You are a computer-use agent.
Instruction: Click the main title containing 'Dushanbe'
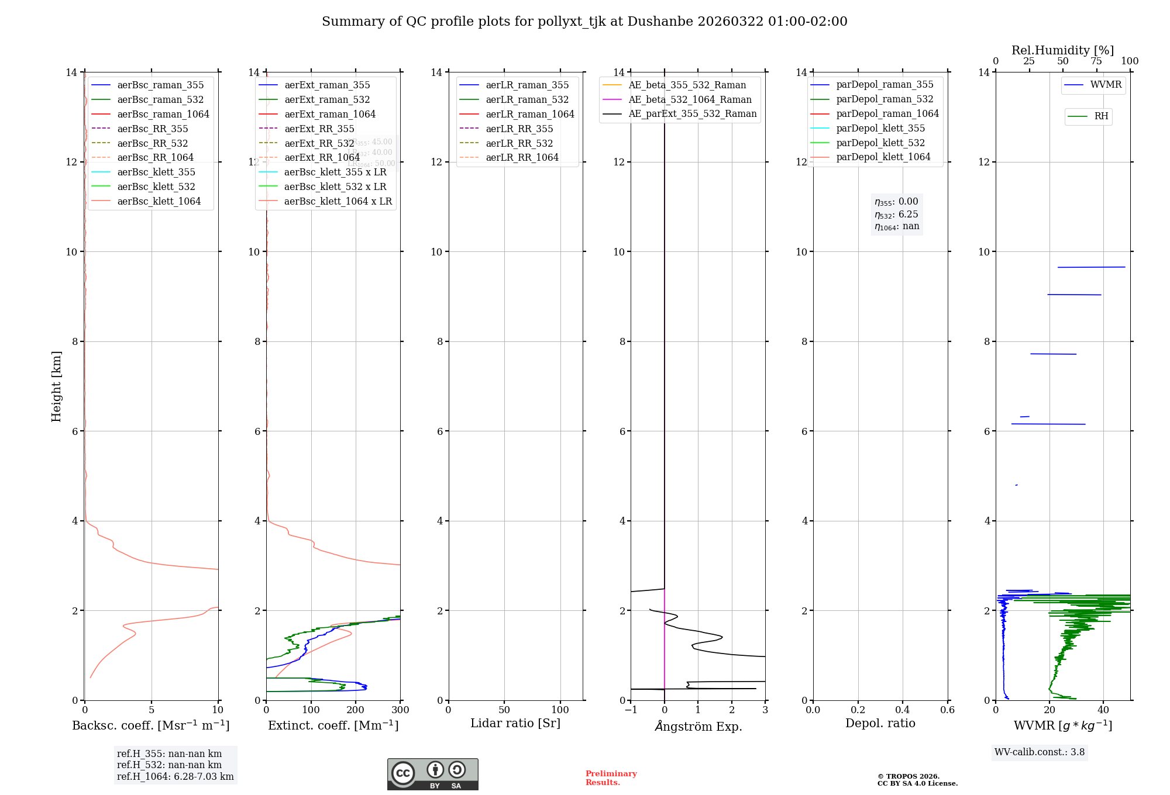tap(584, 22)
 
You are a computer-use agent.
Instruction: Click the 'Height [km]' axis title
tap(56, 386)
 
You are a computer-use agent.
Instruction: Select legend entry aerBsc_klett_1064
tap(159, 201)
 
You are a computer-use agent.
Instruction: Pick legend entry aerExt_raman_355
tap(327, 85)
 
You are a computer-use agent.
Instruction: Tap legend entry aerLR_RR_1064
tap(522, 157)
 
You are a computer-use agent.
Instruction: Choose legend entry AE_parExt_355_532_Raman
tap(692, 114)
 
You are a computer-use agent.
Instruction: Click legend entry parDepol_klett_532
tap(880, 143)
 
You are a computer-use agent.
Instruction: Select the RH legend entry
tap(1101, 116)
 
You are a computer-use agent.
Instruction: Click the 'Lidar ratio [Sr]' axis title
tap(515, 723)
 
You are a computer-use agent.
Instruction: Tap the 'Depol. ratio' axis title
tap(880, 723)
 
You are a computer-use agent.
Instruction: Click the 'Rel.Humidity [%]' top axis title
tap(1062, 50)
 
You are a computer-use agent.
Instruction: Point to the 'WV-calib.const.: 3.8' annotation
tap(1040, 752)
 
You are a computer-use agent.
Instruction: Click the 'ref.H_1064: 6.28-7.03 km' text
tap(175, 776)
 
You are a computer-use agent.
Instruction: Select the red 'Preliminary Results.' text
tap(611, 777)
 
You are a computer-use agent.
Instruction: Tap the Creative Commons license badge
tap(432, 774)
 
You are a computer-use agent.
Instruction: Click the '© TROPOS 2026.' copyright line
tap(909, 776)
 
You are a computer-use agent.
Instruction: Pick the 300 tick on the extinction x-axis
tap(400, 710)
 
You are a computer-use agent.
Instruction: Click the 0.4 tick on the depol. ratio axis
tap(903, 710)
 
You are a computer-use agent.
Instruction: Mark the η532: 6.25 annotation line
tap(896, 215)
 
